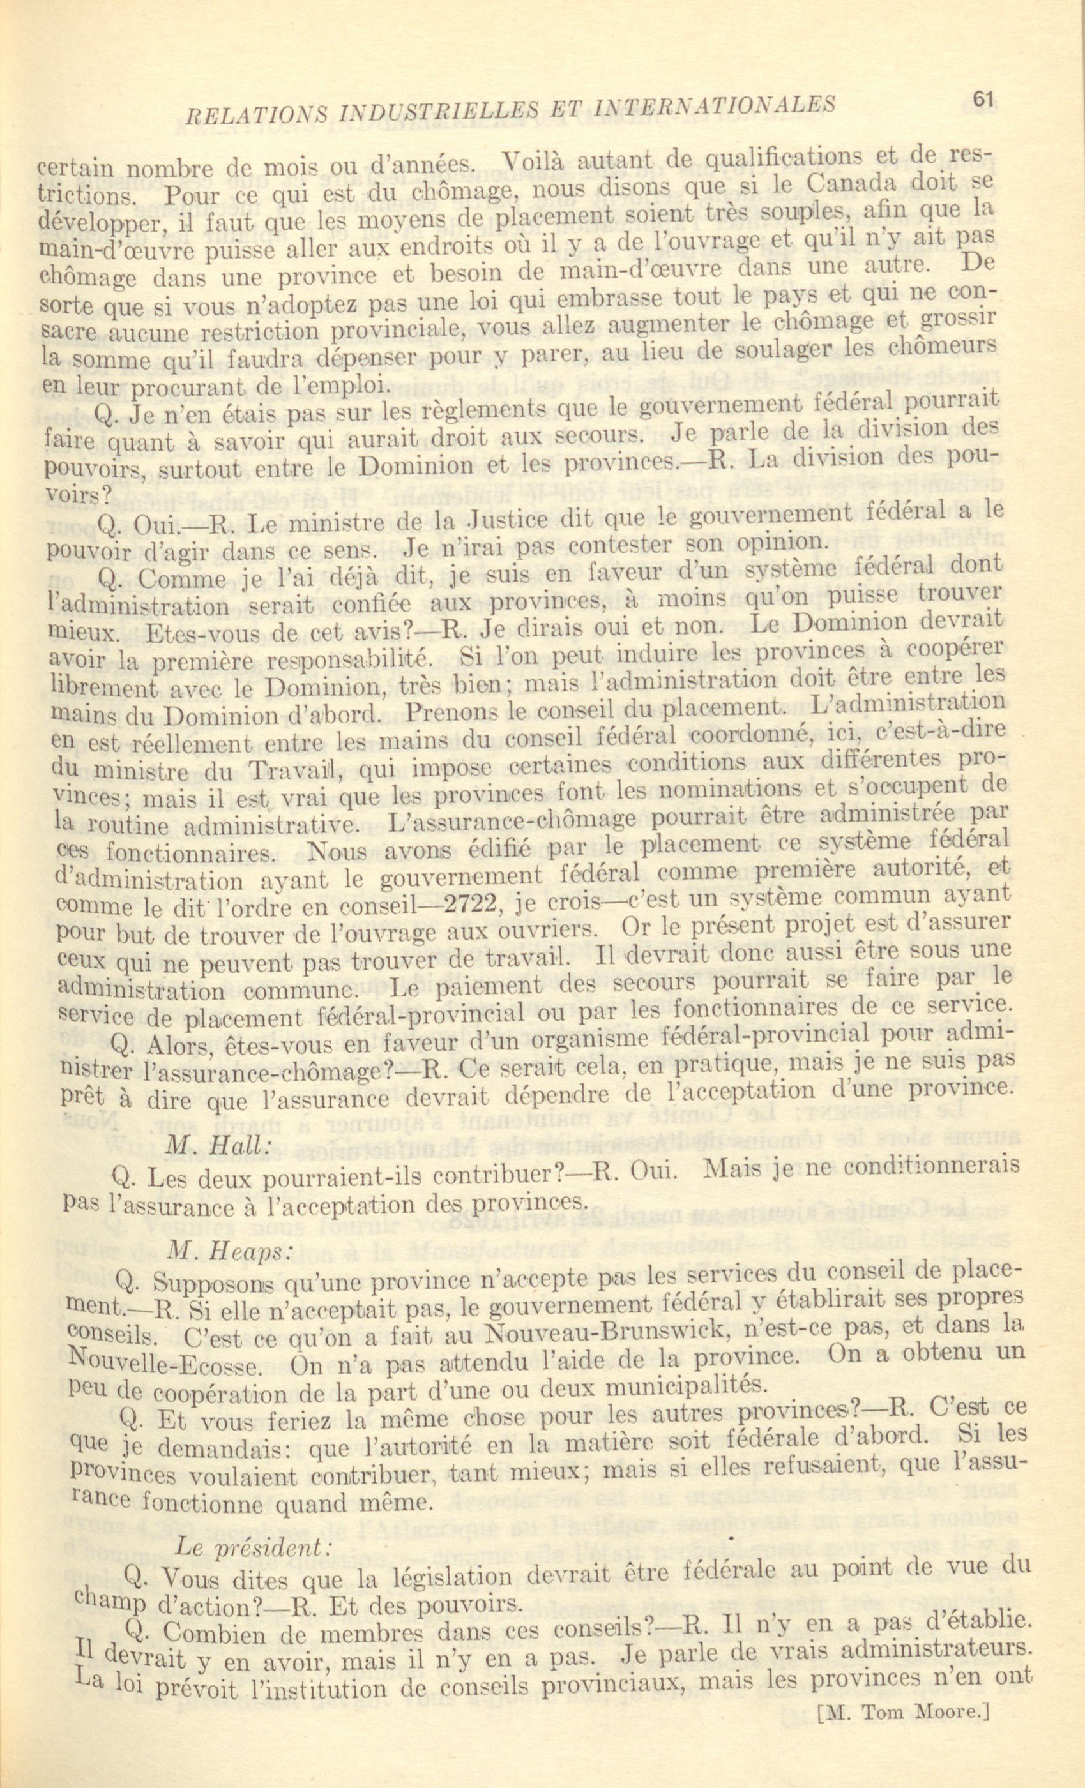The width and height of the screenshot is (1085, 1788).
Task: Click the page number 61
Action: pyautogui.click(x=983, y=100)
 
